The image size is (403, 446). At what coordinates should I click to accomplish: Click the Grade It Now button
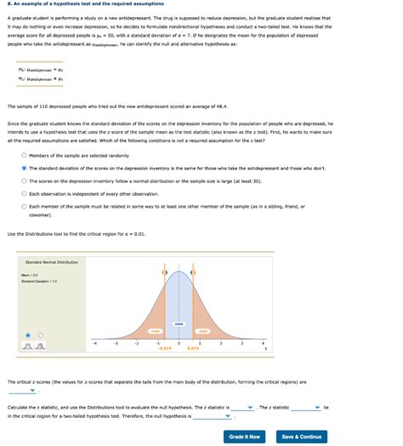pos(244,437)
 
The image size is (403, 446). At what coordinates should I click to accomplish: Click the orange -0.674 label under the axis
pos(165,348)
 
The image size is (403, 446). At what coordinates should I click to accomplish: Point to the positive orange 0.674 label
pos(193,348)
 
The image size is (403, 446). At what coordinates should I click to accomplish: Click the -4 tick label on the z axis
pos(95,343)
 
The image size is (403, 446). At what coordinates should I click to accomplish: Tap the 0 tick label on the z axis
pos(179,343)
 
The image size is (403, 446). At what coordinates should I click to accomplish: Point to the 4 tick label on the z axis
pos(262,343)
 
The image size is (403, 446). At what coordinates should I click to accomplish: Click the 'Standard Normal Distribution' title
pos(51,262)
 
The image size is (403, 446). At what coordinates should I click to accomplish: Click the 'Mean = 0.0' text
pos(30,275)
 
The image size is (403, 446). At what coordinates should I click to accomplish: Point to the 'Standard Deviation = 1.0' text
pos(39,281)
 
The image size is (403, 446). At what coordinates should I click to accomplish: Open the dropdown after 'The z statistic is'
pos(243,408)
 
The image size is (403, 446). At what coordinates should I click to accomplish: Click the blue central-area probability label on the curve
pos(179,324)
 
